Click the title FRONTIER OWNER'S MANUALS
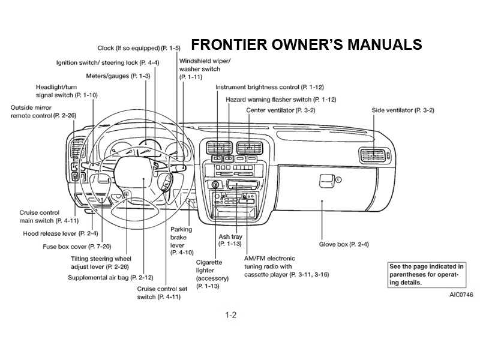[306, 45]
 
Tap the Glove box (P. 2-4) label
[343, 244]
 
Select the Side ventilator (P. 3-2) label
[403, 110]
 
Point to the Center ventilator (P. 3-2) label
[280, 110]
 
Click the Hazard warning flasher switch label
[280, 99]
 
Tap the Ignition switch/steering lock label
[107, 62]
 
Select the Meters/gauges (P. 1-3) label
[118, 76]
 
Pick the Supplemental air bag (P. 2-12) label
[110, 278]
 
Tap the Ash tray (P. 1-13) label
[230, 240]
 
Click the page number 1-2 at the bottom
[230, 315]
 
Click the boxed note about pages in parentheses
[426, 274]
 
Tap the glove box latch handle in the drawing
[326, 178]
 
